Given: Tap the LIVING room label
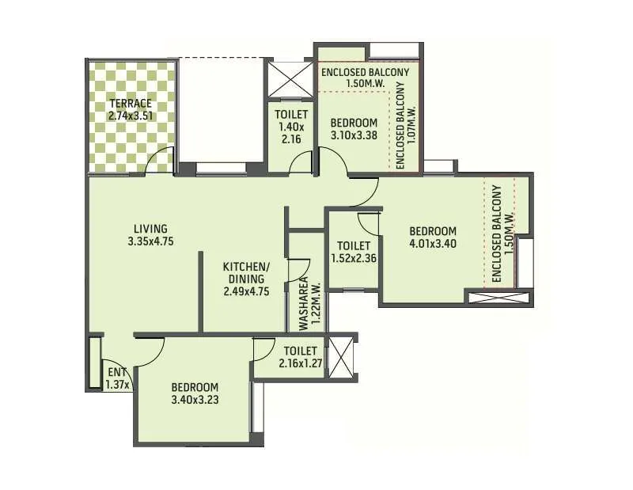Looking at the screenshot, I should pyautogui.click(x=150, y=229).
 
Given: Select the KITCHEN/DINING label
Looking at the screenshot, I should pyautogui.click(x=246, y=273).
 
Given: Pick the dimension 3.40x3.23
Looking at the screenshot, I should pyautogui.click(x=195, y=399).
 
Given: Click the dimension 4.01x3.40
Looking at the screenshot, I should pyautogui.click(x=433, y=243).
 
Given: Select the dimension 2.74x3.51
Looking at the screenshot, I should pyautogui.click(x=132, y=116).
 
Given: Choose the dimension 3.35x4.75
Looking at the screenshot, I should pyautogui.click(x=150, y=241).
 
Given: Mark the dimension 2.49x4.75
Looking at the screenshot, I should pyautogui.click(x=246, y=291).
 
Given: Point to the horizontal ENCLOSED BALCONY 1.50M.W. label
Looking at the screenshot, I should pyautogui.click(x=365, y=78).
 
